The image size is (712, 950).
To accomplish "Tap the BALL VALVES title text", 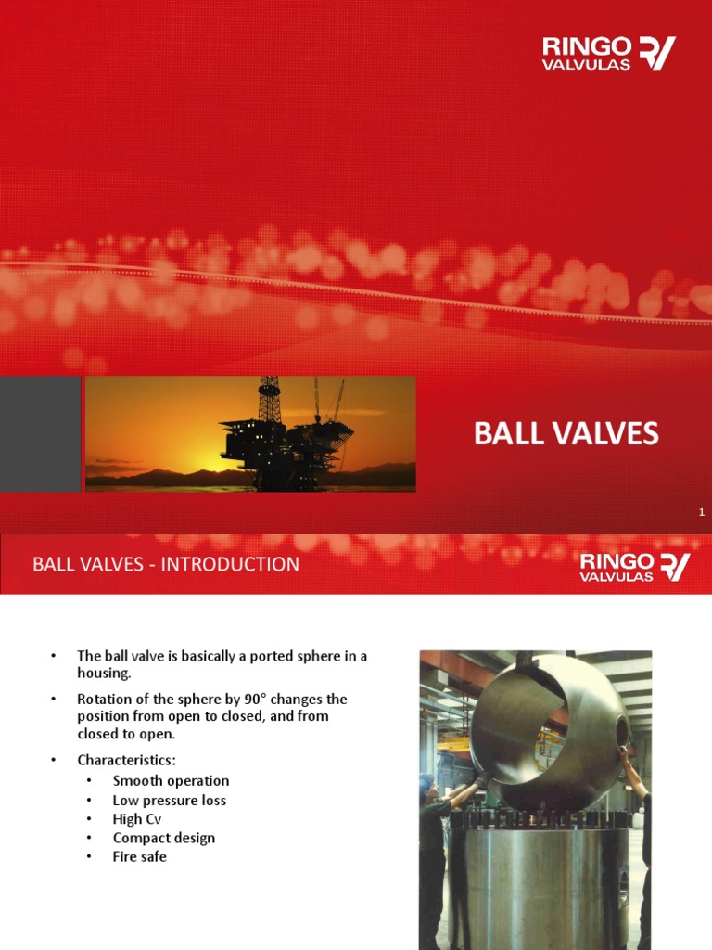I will click(x=566, y=433).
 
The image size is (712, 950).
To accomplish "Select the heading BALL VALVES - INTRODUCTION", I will click(x=166, y=564).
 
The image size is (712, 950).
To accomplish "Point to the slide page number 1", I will click(x=702, y=512).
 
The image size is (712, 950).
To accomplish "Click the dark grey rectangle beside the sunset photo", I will click(x=40, y=433).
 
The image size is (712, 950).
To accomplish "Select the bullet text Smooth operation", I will click(x=171, y=781).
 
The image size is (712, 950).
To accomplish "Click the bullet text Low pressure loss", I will click(x=169, y=800).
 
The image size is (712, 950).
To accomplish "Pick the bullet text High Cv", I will click(x=141, y=819).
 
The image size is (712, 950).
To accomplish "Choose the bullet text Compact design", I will click(x=163, y=838).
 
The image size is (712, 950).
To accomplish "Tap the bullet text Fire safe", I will click(x=139, y=856).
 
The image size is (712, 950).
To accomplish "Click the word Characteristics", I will click(x=125, y=761).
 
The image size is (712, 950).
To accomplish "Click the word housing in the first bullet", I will click(x=104, y=673).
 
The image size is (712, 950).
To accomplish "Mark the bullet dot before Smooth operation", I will click(x=89, y=781).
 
